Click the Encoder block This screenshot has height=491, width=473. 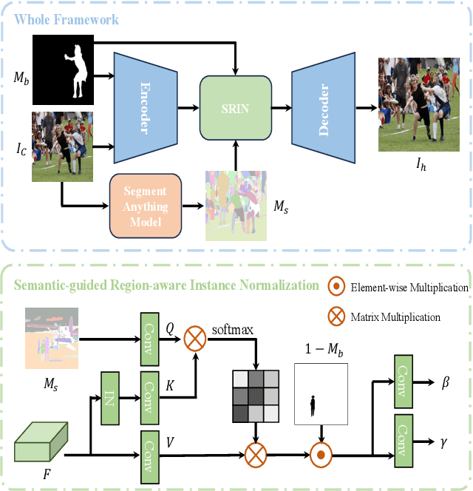pos(143,107)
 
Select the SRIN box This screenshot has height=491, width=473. pos(235,108)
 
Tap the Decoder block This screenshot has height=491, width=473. pos(323,107)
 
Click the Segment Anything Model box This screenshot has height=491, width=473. pos(145,206)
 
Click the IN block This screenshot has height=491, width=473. pos(109,397)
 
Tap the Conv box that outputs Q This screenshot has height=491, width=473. pos(151,339)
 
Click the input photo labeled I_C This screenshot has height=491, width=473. pos(62,146)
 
